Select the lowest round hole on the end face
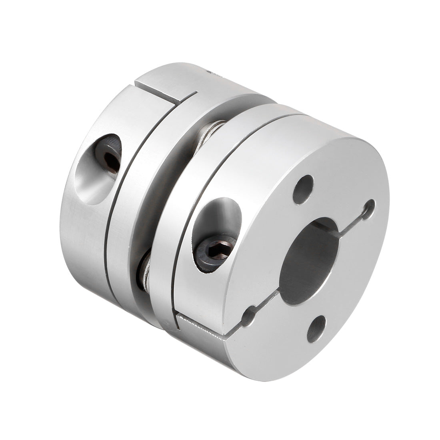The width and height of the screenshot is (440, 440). (x=316, y=328)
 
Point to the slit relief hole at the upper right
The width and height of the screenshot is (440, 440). (x=368, y=209)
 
